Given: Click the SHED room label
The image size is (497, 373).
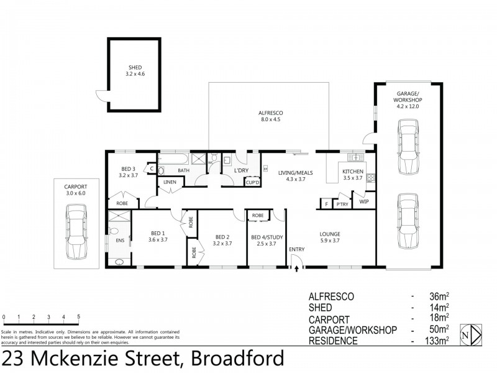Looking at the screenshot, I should point(134,70).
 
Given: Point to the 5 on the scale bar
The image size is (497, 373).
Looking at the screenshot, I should point(78,316).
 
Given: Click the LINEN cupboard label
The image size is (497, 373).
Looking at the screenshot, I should point(170,182).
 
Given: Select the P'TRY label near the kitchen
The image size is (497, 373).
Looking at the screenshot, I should point(342,203).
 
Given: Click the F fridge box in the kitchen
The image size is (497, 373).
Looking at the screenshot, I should point(325,203).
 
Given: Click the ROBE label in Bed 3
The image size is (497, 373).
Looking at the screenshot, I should point(121,203).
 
